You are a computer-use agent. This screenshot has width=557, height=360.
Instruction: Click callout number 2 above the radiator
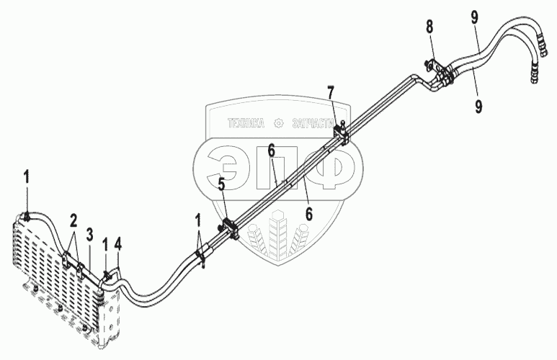coord(73,220)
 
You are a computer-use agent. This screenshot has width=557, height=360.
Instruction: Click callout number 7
coord(331,94)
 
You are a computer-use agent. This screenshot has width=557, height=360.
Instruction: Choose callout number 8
coord(429,28)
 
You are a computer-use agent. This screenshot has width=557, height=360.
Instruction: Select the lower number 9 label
coord(478,105)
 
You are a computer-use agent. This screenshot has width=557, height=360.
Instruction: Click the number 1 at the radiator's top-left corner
coord(27,175)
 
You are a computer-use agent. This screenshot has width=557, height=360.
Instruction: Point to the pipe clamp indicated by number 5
coord(229,228)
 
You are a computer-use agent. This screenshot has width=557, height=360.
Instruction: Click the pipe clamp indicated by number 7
coord(342,134)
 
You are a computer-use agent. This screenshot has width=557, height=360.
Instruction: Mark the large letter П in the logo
coord(277,171)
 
